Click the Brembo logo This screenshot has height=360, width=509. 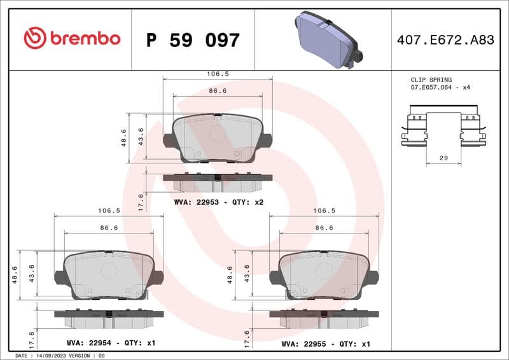pos(72,39)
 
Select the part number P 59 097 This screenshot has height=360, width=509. pos(193,41)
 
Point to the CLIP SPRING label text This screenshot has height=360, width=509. pos(431,80)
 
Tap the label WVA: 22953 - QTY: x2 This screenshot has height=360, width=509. pos(218,202)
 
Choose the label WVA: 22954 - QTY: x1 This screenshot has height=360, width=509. pos(111,343)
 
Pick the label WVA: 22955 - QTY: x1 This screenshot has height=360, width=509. pos(325,343)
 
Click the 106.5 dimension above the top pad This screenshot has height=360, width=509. pos(218,74)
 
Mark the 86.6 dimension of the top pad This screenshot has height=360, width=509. pos(218,92)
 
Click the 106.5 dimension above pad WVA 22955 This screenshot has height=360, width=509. pos(324,211)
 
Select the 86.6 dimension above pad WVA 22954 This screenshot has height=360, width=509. pos(110,228)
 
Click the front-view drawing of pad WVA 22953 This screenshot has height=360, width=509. pos(218,138)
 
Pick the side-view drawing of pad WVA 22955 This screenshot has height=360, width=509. pos(324,319)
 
